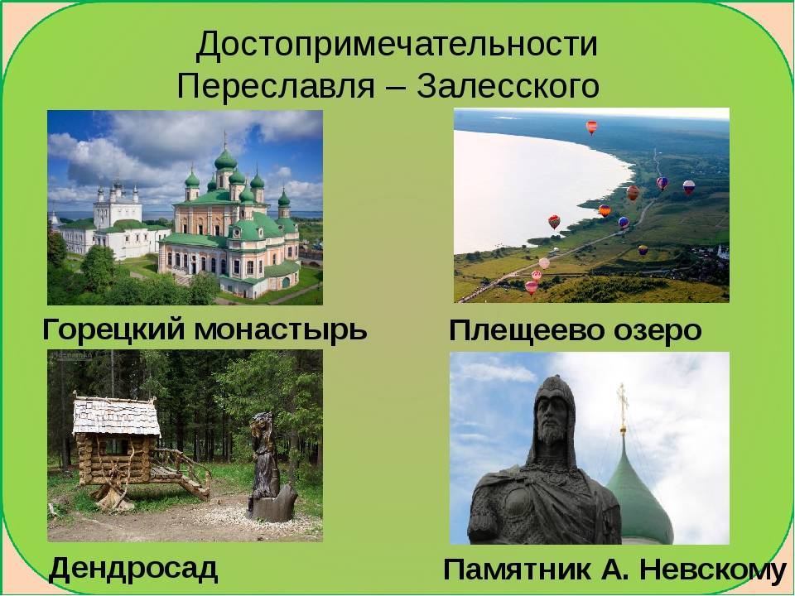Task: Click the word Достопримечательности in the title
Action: (397, 45)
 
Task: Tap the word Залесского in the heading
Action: (508, 86)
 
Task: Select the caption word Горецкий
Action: (113, 329)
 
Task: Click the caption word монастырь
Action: (281, 330)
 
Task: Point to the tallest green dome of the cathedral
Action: (225, 160)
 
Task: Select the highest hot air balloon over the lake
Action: (591, 127)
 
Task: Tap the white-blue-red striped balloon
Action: (688, 187)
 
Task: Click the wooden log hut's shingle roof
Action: (116, 416)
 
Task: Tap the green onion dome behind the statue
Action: (641, 497)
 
